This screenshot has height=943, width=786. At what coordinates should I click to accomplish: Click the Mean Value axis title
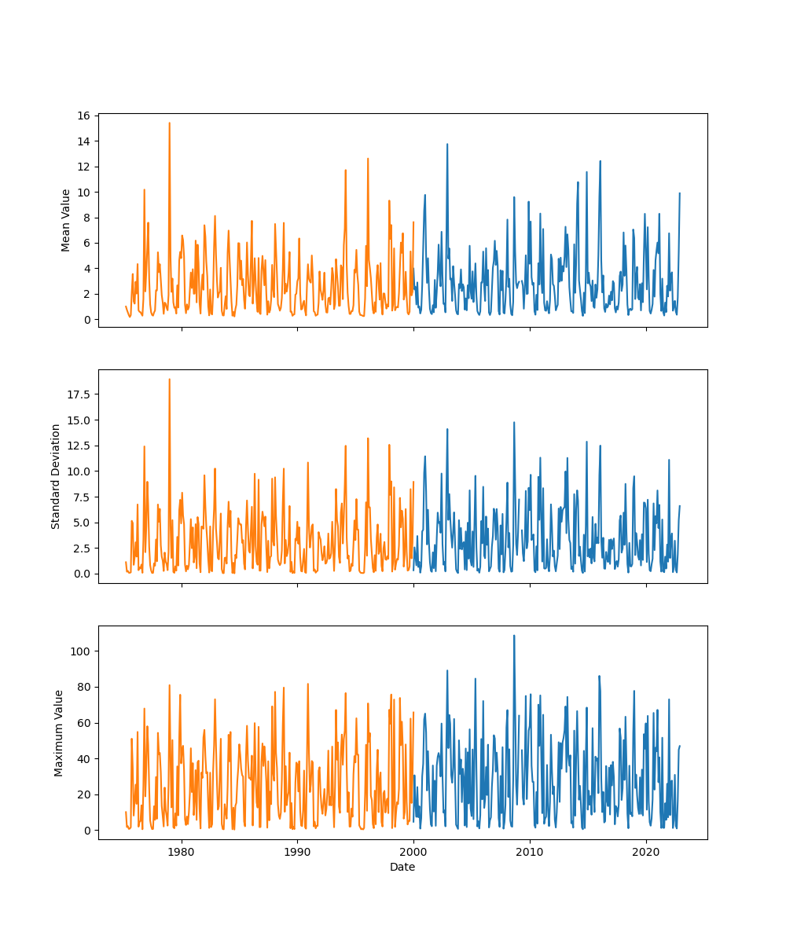66,220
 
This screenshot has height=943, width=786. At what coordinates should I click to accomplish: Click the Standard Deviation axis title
56,476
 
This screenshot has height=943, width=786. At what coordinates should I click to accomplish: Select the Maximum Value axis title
59,732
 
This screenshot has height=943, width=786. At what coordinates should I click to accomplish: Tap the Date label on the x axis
402,867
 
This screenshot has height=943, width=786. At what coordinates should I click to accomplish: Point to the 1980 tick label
182,852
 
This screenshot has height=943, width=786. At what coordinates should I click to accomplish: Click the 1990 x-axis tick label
297,852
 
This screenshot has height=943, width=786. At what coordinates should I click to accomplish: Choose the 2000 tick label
413,852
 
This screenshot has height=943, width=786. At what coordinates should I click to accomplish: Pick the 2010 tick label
530,852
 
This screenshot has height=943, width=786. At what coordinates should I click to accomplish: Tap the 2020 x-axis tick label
646,852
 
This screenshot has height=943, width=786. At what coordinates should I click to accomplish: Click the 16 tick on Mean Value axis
82,116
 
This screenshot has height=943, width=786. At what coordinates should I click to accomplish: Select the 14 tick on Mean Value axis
82,141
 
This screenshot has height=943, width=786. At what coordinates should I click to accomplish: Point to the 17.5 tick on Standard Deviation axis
77,394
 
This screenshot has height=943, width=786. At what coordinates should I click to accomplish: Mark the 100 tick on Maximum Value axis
79,651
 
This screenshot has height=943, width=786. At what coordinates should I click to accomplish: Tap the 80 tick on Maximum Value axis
82,687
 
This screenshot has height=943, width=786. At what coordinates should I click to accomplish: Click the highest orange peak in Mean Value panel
169,123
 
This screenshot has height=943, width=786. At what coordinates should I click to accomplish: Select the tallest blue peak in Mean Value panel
447,145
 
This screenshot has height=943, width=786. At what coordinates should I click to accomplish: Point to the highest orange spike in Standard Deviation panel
169,380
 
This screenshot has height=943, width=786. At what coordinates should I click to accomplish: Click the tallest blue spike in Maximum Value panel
514,636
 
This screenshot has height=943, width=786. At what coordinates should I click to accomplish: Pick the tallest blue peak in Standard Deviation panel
514,423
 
